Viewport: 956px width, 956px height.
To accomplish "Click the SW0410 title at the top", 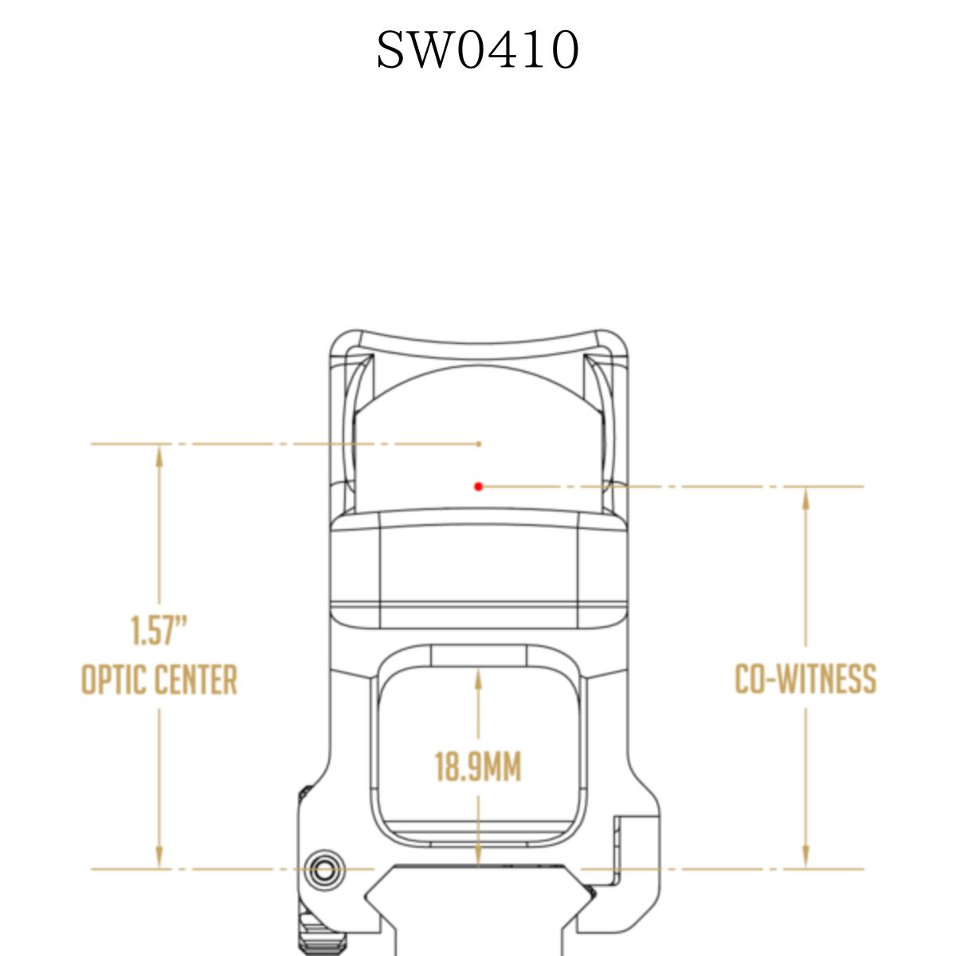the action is click(477, 49).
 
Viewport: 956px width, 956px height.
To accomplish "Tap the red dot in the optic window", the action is click(478, 486).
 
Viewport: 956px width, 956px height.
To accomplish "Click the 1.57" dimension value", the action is click(159, 630).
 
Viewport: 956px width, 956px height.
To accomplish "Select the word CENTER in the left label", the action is click(197, 680).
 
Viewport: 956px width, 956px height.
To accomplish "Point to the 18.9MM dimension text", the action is click(478, 767).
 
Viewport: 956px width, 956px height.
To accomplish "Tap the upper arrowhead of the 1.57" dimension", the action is click(159, 456).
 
